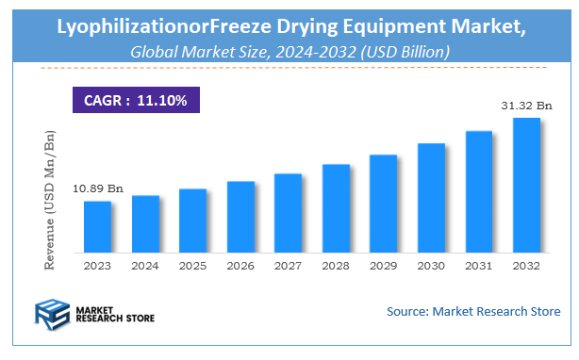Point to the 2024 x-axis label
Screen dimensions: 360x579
coord(145,267)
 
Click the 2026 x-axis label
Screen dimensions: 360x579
coord(240,267)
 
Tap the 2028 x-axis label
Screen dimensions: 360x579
coord(336,267)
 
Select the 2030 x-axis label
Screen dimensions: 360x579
coord(431,267)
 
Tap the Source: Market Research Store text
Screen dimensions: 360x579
coord(473,311)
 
